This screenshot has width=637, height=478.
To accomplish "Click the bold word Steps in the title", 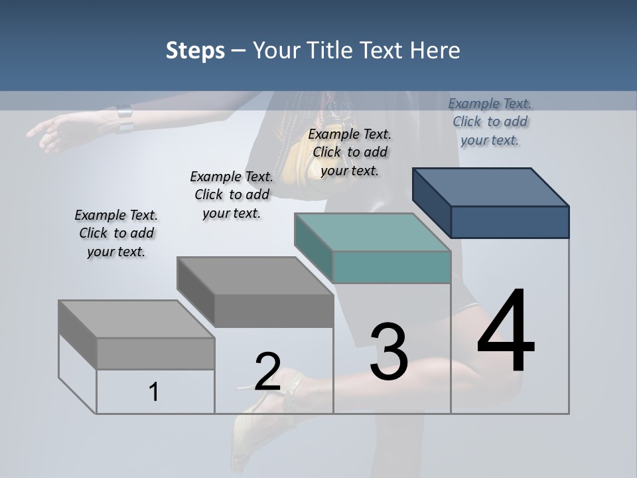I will point(195,50).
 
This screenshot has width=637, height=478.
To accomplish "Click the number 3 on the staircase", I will point(388,352).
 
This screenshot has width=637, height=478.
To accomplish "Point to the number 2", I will point(267,371).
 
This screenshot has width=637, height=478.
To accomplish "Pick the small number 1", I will point(154,392).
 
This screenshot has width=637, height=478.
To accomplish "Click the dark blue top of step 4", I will point(491,187).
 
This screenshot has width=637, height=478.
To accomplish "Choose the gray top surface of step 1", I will point(136,319).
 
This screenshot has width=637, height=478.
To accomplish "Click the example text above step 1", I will point(116,233).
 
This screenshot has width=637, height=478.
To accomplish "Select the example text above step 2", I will point(232,195).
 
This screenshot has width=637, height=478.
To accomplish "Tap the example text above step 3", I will point(350,152).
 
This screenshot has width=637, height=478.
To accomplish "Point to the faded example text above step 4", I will point(490,121).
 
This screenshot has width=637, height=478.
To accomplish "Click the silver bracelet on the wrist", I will point(124,119).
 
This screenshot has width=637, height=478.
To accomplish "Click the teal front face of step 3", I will point(391,267).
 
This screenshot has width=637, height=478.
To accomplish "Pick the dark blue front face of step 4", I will point(510,222).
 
